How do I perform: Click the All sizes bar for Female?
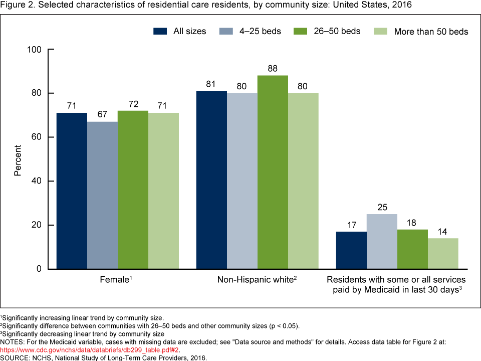72,191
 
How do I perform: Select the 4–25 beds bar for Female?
102,195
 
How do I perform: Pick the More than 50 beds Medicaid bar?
443,253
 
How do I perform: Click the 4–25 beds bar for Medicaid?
382,241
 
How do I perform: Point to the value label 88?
273,68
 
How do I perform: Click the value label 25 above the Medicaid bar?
382,206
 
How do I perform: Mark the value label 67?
102,114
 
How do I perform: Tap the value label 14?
443,230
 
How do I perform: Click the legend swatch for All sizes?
160,31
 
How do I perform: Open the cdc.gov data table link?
90,349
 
